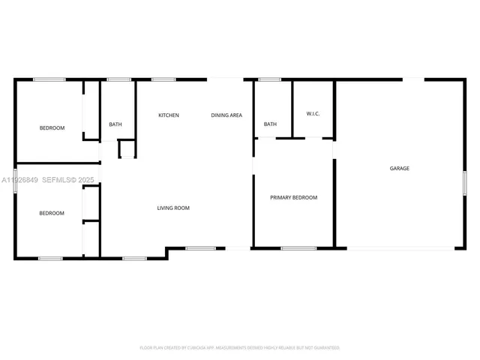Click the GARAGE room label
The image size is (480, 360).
coord(399,169)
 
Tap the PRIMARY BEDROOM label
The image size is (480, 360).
coord(294,198)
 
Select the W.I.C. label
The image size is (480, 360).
coord(313,114)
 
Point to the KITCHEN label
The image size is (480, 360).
coord(169,115)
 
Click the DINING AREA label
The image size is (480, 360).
coord(226,115)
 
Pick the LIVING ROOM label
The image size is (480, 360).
coord(172,208)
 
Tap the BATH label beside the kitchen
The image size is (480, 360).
coord(115,124)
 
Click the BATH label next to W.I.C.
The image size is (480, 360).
coord(270,124)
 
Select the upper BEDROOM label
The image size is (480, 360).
coord(52,128)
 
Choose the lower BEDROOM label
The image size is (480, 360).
coord(52,213)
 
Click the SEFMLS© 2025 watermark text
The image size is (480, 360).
coord(67,180)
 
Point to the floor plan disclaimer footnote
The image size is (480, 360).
coord(240,348)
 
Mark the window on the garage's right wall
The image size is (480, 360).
coord(464,182)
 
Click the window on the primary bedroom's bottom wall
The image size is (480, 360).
coord(298,247)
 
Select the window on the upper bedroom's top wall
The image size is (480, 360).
coord(49,79)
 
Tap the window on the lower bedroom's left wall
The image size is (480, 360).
coord(16,182)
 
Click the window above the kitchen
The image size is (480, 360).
coord(163,79)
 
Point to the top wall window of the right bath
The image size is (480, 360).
coord(270,79)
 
